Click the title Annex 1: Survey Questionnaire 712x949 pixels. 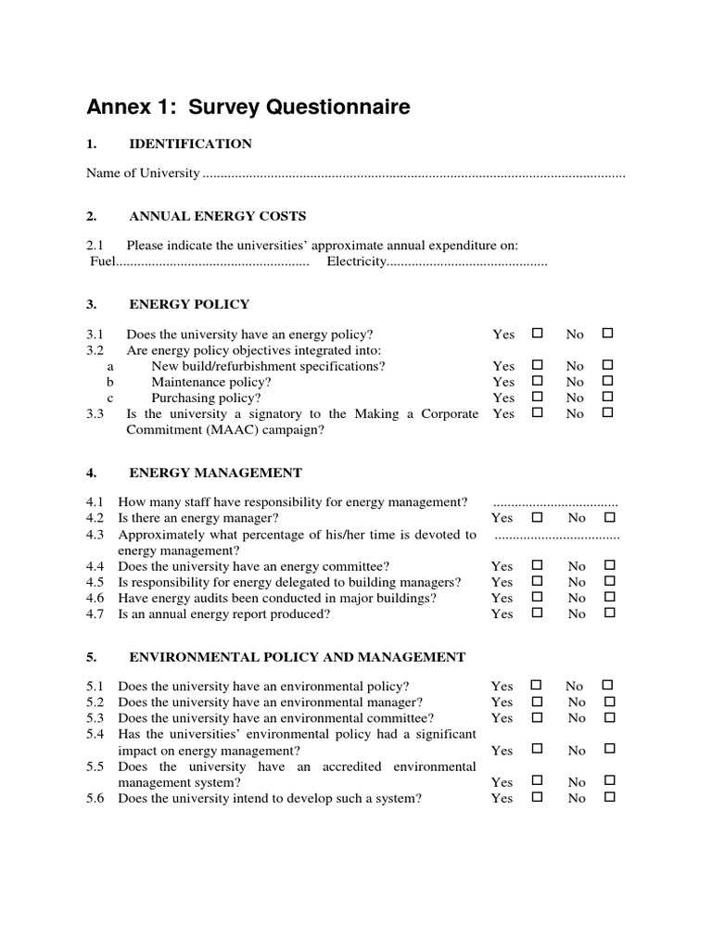[x=248, y=108]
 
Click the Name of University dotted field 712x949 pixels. [x=413, y=174]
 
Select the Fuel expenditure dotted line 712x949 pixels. [x=212, y=262]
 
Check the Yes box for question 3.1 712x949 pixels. [x=536, y=333]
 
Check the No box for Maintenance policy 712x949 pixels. [x=608, y=381]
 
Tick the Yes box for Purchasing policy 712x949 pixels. [x=536, y=397]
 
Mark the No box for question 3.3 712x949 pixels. [x=608, y=412]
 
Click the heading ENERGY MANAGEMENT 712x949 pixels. [x=215, y=473]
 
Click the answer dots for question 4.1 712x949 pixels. [x=555, y=502]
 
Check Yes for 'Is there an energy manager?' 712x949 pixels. [x=536, y=517]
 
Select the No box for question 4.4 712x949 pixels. [x=609, y=565]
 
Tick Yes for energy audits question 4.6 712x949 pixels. [x=536, y=597]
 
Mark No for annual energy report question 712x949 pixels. [x=609, y=613]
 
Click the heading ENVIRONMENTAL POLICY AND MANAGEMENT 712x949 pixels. [x=297, y=657]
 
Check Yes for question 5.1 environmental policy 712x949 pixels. [x=536, y=685]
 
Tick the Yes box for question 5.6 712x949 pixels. [x=536, y=797]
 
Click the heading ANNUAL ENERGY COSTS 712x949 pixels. [x=217, y=216]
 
